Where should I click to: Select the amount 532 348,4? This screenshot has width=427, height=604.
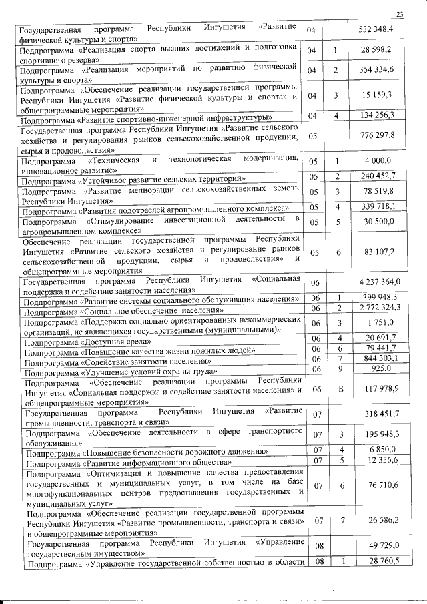tap(377, 30)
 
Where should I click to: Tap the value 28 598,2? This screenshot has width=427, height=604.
tap(380, 50)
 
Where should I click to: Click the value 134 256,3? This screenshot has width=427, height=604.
tap(377, 115)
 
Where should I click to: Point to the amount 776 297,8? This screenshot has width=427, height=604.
tap(377, 135)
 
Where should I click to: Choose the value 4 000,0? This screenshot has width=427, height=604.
tap(381, 162)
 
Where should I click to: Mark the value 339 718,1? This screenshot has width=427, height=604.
tap(377, 206)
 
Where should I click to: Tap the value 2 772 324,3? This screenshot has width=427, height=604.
tap(376, 308)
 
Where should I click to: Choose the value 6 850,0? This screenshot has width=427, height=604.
tap(382, 450)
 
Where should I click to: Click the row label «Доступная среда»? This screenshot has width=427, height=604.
tap(86, 342)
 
